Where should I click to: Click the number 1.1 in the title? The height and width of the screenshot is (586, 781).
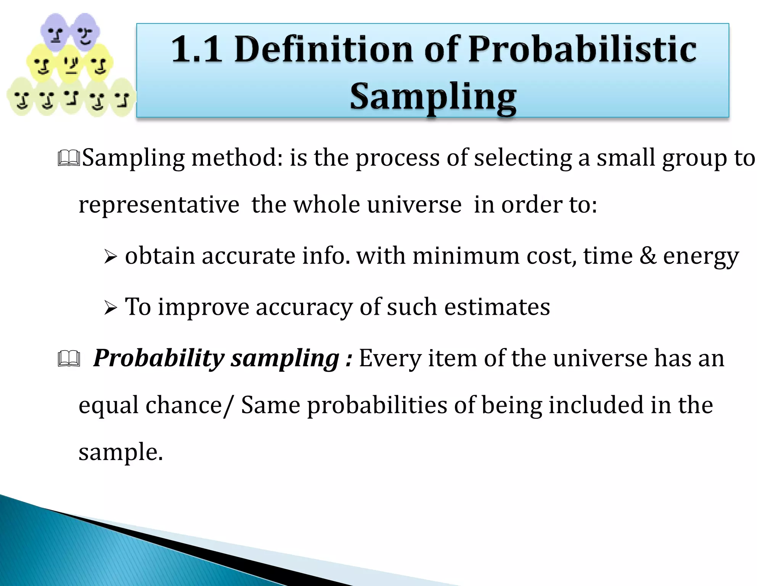[196, 49]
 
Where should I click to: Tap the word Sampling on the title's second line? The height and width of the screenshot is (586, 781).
[433, 97]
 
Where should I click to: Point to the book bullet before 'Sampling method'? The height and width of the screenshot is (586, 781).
[69, 158]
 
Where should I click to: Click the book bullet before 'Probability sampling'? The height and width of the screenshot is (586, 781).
[69, 359]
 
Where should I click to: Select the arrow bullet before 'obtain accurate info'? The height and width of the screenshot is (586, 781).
[110, 257]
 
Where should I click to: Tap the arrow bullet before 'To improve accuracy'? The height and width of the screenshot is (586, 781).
[110, 307]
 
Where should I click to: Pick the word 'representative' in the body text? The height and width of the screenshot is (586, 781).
[159, 205]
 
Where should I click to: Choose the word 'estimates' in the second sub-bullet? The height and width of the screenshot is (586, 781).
[497, 307]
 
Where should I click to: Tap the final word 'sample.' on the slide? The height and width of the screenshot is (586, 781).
[121, 452]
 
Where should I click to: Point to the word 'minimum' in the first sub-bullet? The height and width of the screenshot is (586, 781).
[466, 256]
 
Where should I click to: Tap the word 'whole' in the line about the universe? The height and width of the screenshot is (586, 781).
[326, 205]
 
